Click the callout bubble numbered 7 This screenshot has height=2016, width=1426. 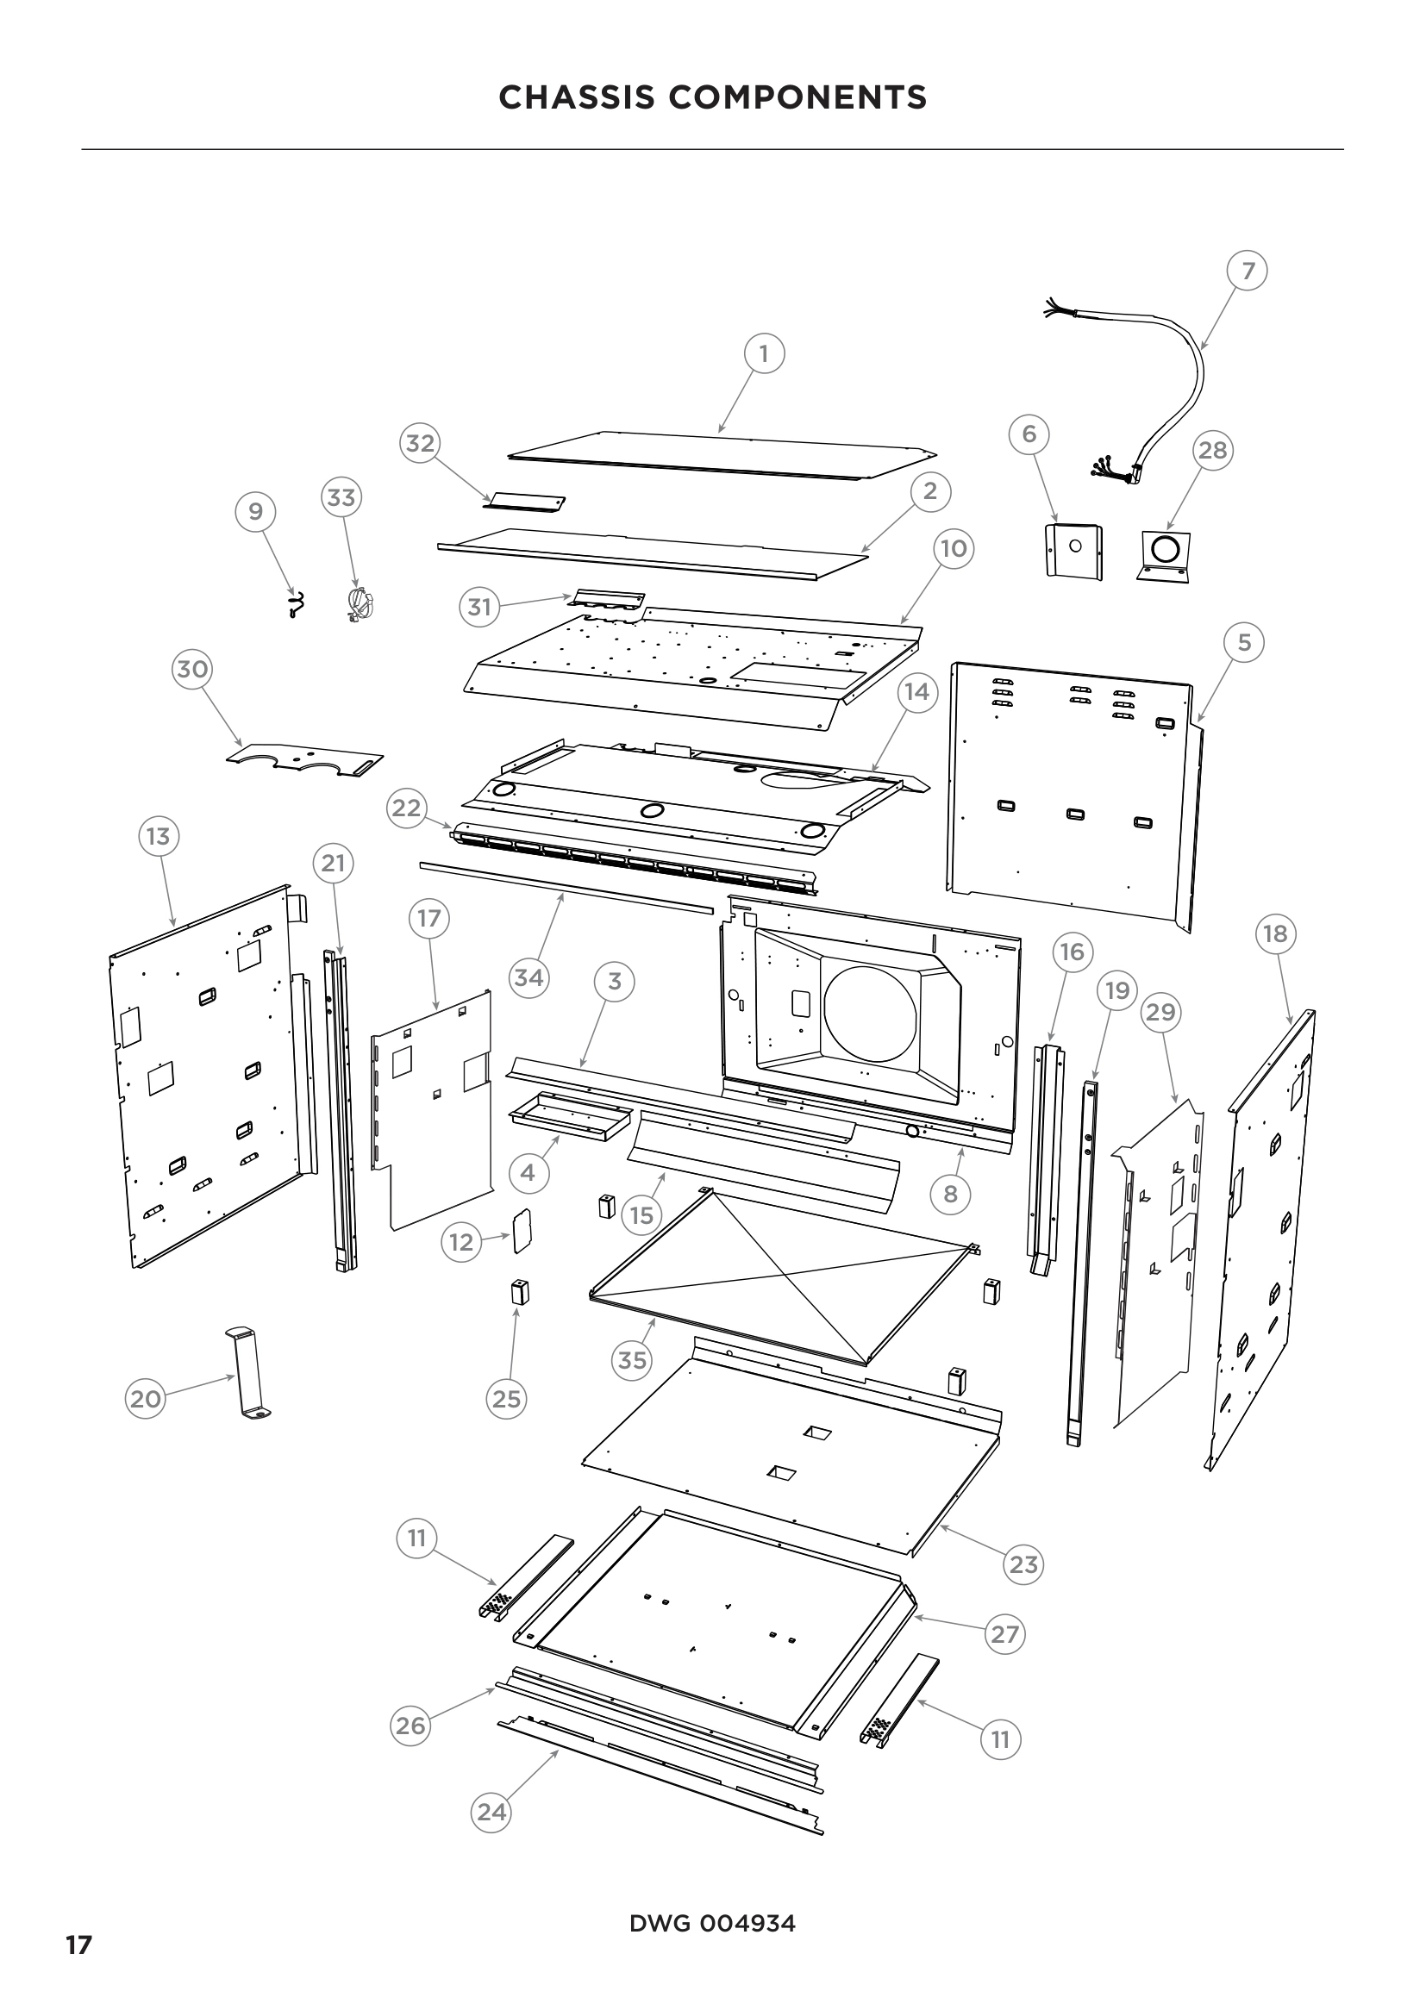coord(1248,271)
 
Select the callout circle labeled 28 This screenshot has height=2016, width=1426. coord(1213,451)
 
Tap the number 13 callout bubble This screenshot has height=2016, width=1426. coord(158,836)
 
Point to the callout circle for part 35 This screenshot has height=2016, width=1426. coord(632,1360)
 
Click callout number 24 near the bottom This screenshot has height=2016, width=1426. coord(491,1812)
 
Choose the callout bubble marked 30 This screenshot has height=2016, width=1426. coord(192,669)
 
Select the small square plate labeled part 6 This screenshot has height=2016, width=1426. coord(1073,550)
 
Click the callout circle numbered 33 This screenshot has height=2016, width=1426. coord(341,498)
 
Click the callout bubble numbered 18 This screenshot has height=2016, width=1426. coord(1275,933)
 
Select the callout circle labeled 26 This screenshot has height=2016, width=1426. coord(410,1726)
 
